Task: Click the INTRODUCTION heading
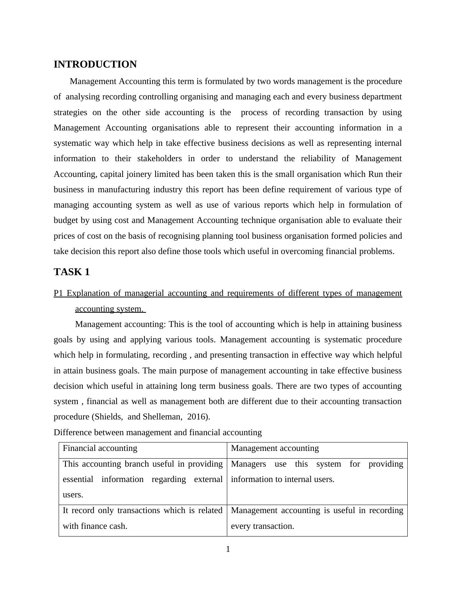point(95,64)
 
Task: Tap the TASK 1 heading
point(72,272)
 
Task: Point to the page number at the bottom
point(228,550)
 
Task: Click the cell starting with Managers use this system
point(317,472)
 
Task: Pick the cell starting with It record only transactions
point(143,518)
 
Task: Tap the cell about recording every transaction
point(317,518)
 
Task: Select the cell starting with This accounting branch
point(143,479)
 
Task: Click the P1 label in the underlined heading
point(58,294)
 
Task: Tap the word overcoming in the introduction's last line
point(305,252)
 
